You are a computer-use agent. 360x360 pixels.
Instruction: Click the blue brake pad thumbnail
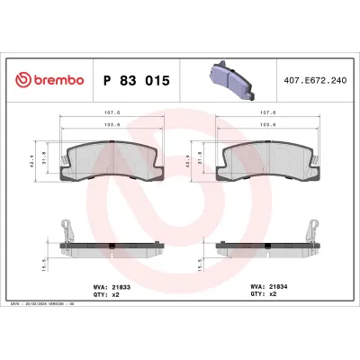coord(233,78)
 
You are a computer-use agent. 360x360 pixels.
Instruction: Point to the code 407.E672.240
coord(315,81)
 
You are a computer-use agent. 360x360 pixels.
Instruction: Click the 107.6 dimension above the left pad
coord(109,112)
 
